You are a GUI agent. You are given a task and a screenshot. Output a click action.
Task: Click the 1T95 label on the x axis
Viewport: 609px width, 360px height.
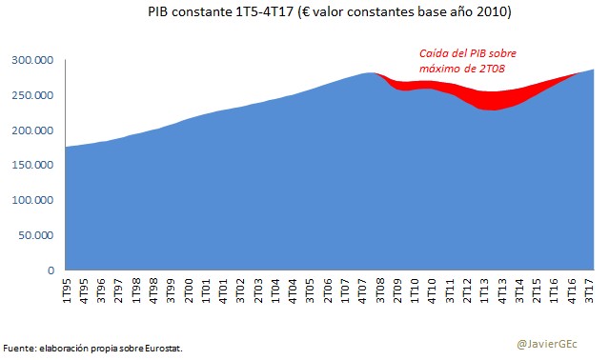tap(68, 290)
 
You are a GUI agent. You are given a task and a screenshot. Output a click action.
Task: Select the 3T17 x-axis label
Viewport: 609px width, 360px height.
tap(591, 290)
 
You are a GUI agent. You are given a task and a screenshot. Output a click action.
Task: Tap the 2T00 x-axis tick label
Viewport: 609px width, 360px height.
tap(190, 290)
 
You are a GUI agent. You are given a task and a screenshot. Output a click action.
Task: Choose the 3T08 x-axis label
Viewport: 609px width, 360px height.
tap(381, 290)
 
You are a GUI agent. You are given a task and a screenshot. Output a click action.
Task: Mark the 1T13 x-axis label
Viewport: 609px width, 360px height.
tap(486, 290)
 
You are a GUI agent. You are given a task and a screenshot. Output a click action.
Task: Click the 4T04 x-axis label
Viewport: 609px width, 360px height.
tap(294, 290)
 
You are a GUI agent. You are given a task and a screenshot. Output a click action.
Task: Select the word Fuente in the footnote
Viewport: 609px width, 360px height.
tap(20, 348)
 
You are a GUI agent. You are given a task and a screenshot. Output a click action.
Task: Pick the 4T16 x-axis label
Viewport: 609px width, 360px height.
tap(574, 290)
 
